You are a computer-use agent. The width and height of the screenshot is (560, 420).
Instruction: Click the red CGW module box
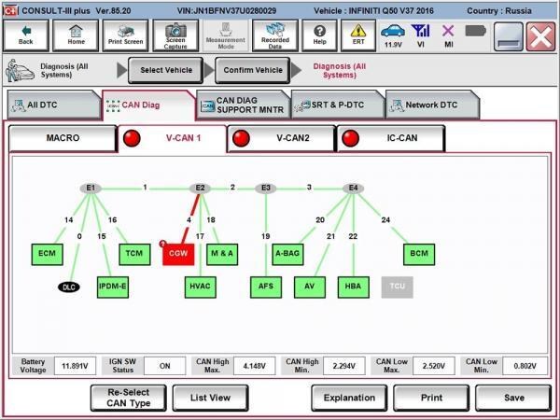click(x=178, y=254)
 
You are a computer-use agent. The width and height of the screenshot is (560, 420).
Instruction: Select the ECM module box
click(x=48, y=254)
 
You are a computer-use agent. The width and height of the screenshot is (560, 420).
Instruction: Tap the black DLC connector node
click(x=69, y=287)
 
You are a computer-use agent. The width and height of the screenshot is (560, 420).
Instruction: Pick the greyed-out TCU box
click(x=398, y=287)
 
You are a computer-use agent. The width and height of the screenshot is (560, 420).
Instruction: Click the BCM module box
click(x=419, y=254)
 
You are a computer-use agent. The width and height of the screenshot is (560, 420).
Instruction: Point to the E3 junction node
click(x=266, y=188)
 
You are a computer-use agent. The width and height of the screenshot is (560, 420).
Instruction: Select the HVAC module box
click(x=201, y=287)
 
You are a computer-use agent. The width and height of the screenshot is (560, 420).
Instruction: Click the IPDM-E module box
click(x=113, y=287)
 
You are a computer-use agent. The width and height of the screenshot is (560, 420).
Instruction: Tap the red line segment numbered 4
click(x=190, y=218)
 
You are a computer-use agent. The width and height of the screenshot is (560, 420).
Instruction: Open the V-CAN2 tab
click(x=282, y=138)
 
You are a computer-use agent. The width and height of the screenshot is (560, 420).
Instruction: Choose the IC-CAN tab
click(x=391, y=138)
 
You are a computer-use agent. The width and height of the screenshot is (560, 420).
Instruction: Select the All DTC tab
click(x=53, y=105)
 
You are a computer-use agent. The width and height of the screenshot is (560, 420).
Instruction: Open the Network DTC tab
click(x=432, y=105)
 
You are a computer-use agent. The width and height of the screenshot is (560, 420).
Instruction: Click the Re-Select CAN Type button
click(x=129, y=398)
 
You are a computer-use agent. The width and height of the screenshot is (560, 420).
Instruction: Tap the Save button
click(x=513, y=398)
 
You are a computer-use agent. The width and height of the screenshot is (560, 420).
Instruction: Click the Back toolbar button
click(x=26, y=35)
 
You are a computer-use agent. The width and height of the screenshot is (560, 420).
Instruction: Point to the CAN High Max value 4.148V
click(x=254, y=366)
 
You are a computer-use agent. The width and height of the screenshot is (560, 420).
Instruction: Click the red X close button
click(x=540, y=36)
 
